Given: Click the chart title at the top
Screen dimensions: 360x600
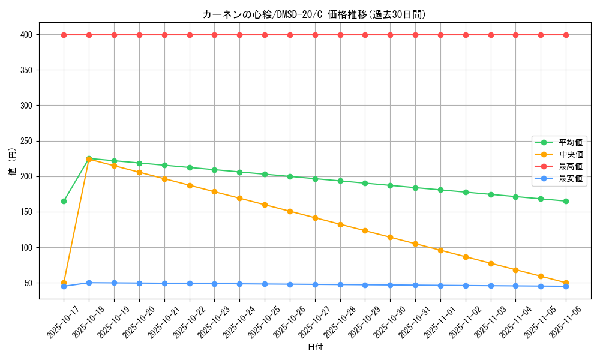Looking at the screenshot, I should click(x=314, y=14).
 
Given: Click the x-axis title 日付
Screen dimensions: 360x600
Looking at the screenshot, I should click(x=315, y=347).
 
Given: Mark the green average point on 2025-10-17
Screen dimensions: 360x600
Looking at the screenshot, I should click(x=64, y=201).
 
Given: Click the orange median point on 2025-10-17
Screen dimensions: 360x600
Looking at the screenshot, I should click(x=64, y=283).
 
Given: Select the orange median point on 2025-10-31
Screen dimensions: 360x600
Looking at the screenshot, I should click(x=415, y=244).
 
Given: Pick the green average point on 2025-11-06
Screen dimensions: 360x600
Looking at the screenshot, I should click(x=566, y=201).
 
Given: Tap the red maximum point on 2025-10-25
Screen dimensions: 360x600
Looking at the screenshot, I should click(x=265, y=35).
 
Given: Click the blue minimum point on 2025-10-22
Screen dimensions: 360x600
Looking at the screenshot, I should click(x=190, y=283).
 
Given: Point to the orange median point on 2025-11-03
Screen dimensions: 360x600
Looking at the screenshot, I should click(x=491, y=263).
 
